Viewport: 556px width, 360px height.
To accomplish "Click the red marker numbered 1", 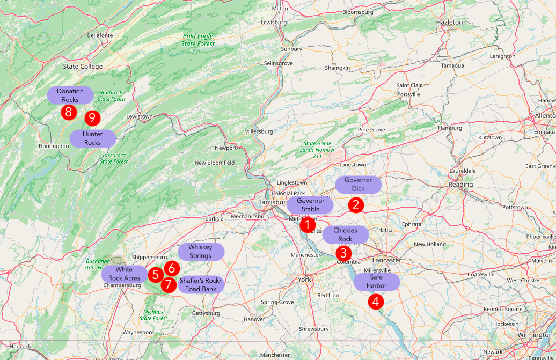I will (308, 225).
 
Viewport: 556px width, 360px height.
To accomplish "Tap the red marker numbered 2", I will (355, 204).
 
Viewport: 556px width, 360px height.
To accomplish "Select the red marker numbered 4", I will (376, 302).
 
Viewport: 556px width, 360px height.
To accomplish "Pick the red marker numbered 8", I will (68, 112).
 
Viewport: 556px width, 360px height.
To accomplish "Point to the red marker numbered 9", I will (93, 117).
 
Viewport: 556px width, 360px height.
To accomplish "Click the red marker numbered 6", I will (171, 267).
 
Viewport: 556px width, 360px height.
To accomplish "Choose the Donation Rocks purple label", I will (70, 95).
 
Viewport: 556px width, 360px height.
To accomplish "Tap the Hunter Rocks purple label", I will (92, 138).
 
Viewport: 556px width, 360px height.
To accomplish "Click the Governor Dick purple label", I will (358, 184).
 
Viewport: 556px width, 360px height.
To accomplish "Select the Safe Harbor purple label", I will (376, 282).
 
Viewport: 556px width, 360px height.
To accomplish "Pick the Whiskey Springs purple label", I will (200, 251).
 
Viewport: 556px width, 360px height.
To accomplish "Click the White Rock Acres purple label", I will (124, 274).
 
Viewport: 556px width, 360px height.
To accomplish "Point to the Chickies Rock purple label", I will (345, 234).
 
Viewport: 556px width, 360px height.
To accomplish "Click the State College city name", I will (83, 67).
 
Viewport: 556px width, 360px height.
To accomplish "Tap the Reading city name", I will (461, 185).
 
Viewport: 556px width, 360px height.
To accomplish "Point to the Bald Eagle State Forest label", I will (197, 40).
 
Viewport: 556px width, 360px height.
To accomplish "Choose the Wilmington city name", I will (535, 335).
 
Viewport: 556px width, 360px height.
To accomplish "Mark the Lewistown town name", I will (140, 116).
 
